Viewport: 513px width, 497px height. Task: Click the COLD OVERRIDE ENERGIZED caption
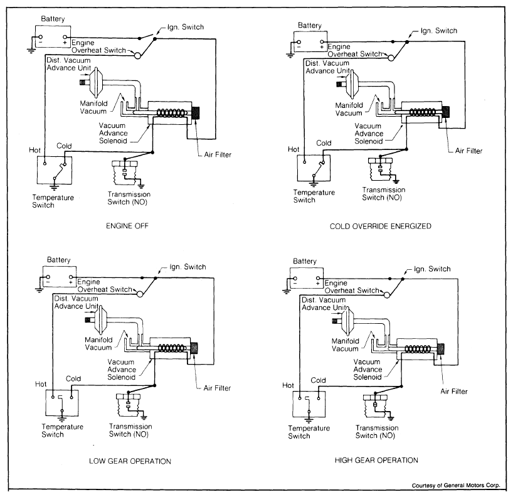point(381,226)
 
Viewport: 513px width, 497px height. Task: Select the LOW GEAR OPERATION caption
point(130,461)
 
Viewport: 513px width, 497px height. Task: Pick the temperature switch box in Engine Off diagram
point(54,169)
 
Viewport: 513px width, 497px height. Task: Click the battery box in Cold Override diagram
point(308,42)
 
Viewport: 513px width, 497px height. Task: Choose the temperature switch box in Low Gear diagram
point(61,401)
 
